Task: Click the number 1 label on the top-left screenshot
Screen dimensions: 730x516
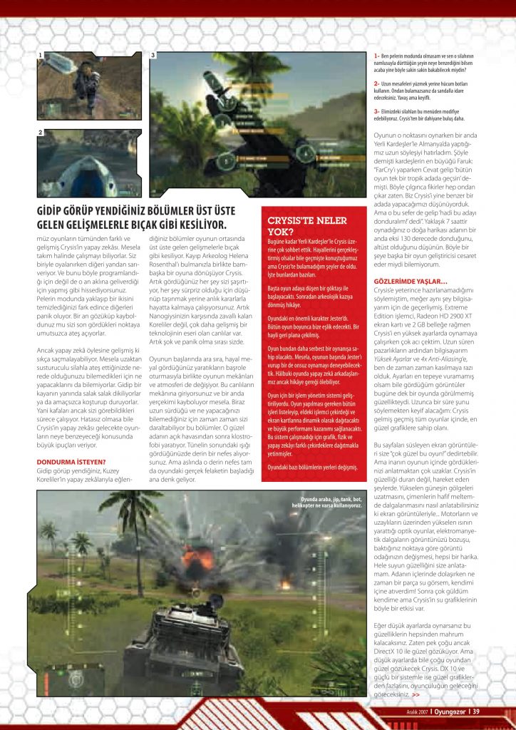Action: [41, 55]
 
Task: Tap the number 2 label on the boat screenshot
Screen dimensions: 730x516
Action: [41, 133]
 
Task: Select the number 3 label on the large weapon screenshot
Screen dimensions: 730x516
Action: [153, 55]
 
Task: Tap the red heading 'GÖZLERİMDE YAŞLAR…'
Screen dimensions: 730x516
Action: [410, 281]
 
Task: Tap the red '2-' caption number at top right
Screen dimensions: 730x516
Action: [376, 83]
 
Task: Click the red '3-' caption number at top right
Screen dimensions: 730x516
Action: [376, 110]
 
